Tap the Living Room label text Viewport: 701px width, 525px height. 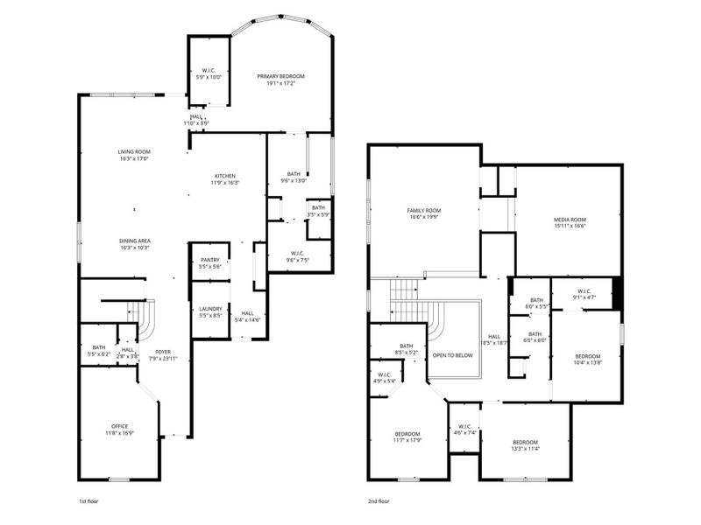(x=134, y=153)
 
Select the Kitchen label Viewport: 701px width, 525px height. (x=224, y=176)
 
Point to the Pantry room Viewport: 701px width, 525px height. (x=209, y=262)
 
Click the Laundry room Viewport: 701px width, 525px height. (x=209, y=311)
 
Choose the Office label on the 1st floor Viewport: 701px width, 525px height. (x=119, y=426)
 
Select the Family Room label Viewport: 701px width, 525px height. (x=422, y=211)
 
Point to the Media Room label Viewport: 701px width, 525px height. (x=570, y=220)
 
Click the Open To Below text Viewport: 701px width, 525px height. (x=453, y=355)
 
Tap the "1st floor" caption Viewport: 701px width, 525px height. (x=89, y=503)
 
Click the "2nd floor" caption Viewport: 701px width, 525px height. (x=379, y=503)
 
